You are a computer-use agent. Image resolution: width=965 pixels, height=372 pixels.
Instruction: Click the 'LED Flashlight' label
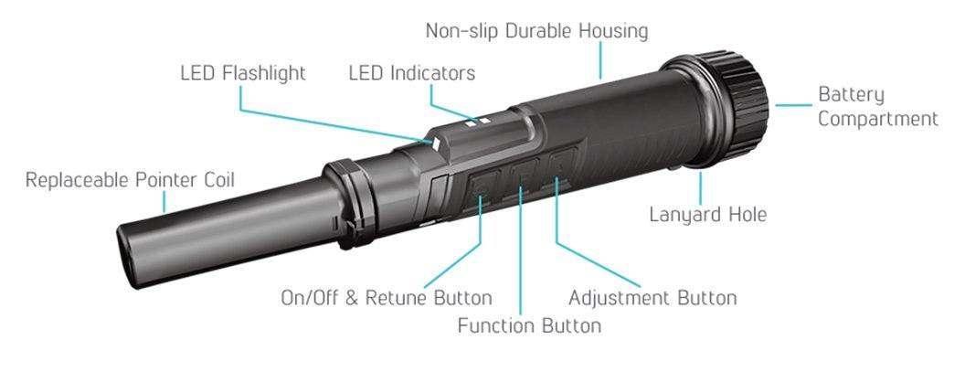[243, 73]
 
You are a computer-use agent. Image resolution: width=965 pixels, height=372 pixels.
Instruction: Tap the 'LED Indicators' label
[412, 73]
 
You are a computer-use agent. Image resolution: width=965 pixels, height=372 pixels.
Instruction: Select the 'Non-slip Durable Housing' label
[536, 31]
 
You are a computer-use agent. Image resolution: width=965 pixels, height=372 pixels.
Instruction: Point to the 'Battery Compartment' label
[878, 107]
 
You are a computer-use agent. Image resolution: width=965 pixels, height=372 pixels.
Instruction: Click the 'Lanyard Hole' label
[708, 215]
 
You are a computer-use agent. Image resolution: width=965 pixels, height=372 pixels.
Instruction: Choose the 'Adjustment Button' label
[652, 297]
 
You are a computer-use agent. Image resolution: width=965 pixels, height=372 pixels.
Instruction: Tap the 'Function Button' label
[529, 324]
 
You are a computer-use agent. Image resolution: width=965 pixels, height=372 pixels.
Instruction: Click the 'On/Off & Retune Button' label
[387, 297]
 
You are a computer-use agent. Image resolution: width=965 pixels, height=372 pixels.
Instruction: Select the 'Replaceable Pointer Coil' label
[130, 180]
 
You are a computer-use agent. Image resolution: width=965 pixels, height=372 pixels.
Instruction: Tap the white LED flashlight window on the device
[436, 144]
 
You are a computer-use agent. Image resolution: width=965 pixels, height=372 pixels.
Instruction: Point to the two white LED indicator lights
[478, 122]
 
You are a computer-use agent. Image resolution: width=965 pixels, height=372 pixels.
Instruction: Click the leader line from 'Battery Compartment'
[793, 105]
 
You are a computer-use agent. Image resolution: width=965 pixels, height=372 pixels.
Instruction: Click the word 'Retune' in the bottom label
[397, 297]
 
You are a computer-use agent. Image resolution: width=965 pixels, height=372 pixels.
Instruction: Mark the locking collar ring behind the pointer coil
[348, 203]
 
